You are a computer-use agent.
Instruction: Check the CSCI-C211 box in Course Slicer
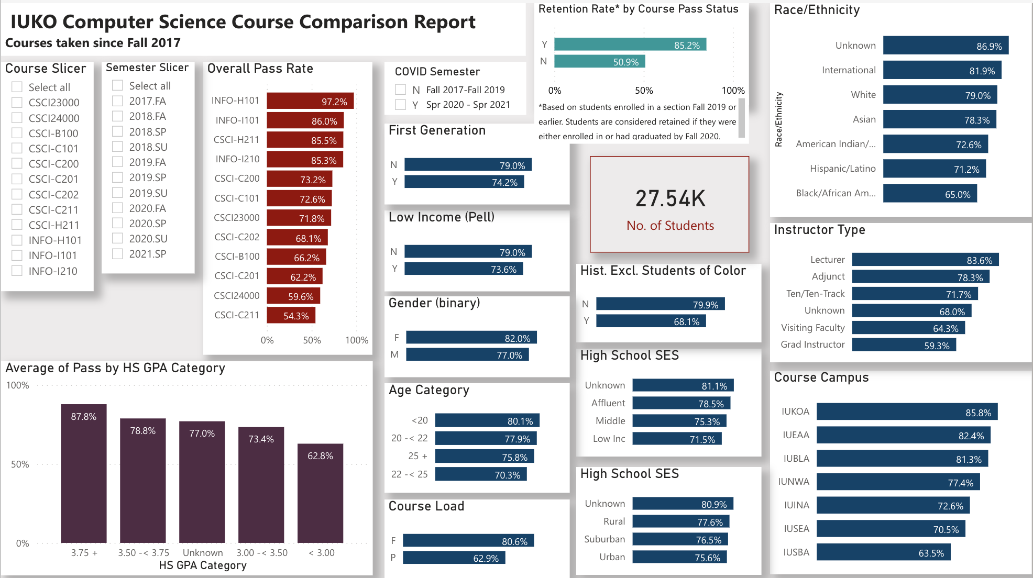point(17,209)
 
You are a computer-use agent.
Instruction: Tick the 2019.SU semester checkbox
point(118,193)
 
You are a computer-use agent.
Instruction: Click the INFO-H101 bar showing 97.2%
point(310,101)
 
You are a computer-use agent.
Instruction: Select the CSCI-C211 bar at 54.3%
point(290,315)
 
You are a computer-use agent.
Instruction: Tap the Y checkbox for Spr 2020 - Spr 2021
point(401,105)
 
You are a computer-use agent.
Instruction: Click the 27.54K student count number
point(670,199)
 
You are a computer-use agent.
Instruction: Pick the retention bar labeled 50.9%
point(599,62)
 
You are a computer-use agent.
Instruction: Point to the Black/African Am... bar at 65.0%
point(929,194)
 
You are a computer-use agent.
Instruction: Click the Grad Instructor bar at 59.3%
point(903,345)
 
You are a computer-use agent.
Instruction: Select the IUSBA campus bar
point(883,552)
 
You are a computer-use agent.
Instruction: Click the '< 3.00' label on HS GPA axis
point(321,552)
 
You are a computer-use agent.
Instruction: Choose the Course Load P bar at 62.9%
point(454,558)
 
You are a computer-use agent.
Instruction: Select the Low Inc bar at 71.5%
point(677,439)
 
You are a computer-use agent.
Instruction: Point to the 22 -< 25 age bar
point(480,474)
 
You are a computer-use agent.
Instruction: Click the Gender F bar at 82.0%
point(471,338)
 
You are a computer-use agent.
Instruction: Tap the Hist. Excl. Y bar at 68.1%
point(650,321)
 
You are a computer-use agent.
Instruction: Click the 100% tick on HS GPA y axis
point(18,385)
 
